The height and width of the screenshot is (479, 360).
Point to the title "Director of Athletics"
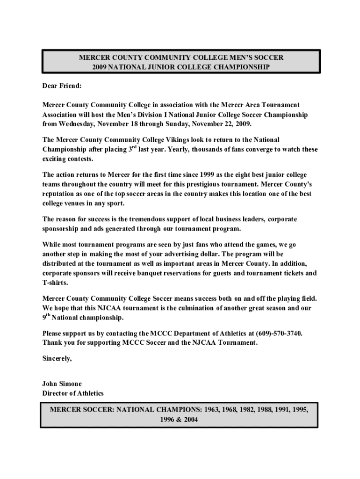73,393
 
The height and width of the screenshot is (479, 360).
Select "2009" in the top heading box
100,67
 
